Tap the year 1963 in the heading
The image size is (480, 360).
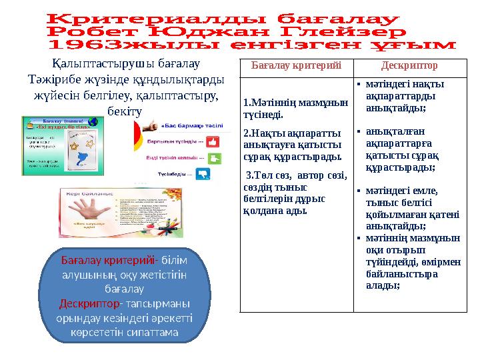point(85,45)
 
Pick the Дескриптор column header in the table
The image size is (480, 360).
point(409,67)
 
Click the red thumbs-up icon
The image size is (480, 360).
point(213,141)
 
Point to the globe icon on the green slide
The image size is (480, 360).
point(93,122)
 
